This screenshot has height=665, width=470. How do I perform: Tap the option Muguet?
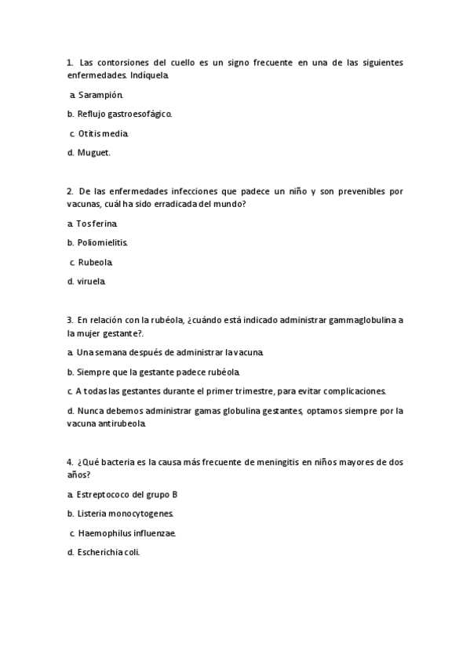[94, 152]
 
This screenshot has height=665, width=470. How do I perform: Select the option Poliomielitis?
[103, 242]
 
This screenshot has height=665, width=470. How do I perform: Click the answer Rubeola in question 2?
[96, 262]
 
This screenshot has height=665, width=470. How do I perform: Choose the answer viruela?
[91, 281]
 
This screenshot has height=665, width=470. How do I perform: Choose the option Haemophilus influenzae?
[127, 533]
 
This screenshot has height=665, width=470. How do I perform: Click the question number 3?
[70, 320]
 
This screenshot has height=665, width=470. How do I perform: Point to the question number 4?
[70, 462]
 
